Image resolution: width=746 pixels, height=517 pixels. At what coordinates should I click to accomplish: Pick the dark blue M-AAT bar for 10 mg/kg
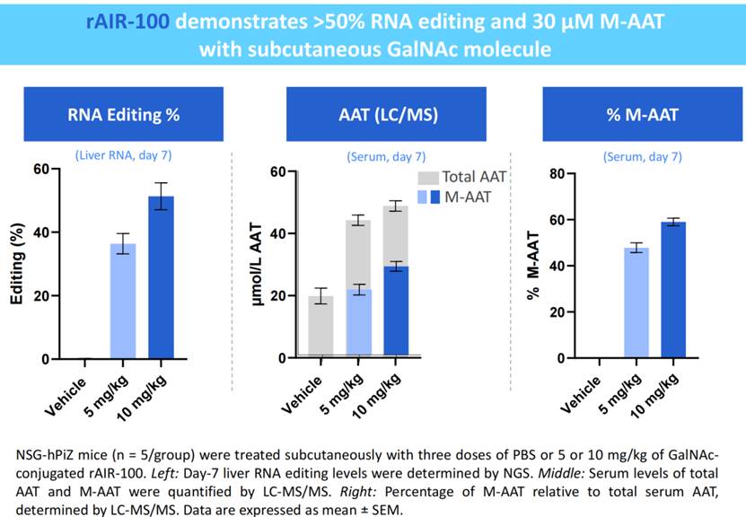click(396, 311)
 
